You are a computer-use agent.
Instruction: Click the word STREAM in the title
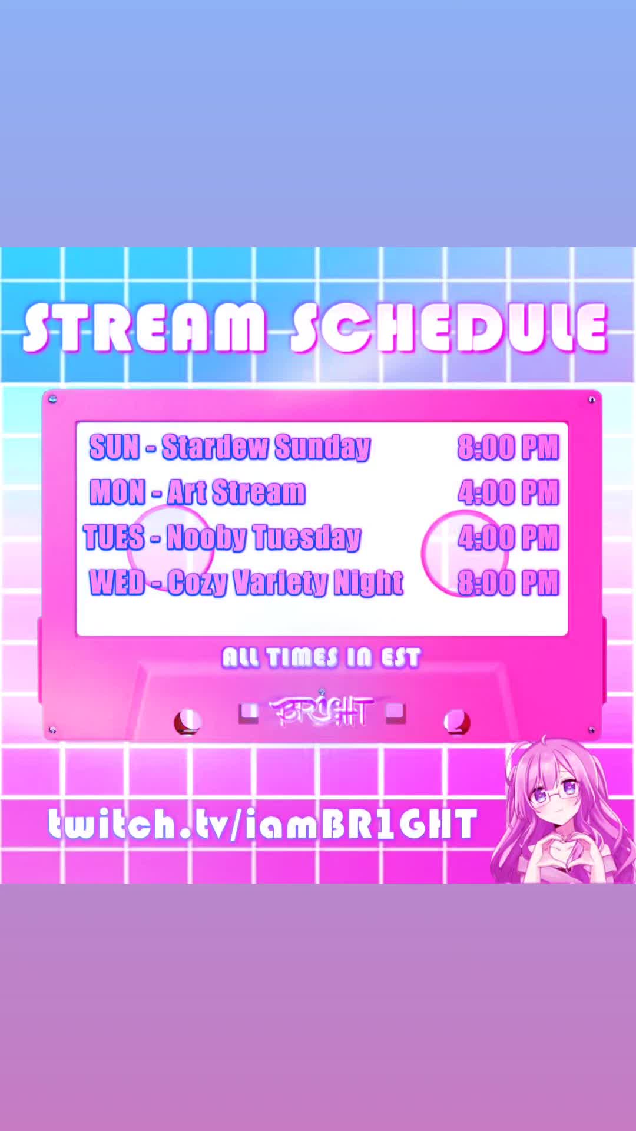pyautogui.click(x=144, y=328)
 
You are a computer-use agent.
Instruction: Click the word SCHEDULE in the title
pyautogui.click(x=449, y=328)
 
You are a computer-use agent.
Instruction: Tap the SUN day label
pyautogui.click(x=114, y=447)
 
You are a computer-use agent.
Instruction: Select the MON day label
pyautogui.click(x=117, y=492)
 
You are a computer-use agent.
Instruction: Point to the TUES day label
pyautogui.click(x=114, y=537)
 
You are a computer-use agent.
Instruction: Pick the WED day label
pyautogui.click(x=117, y=582)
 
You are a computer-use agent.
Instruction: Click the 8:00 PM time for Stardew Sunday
pyautogui.click(x=508, y=448)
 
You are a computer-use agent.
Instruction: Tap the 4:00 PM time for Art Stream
pyautogui.click(x=508, y=492)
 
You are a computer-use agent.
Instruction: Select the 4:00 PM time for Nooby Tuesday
pyautogui.click(x=508, y=538)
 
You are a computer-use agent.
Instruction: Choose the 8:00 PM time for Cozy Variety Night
pyautogui.click(x=508, y=583)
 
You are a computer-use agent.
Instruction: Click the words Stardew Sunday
pyautogui.click(x=266, y=448)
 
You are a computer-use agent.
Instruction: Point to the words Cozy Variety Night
pyautogui.click(x=286, y=583)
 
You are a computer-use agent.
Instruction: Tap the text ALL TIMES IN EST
pyautogui.click(x=322, y=657)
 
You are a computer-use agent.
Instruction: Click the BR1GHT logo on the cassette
pyautogui.click(x=321, y=711)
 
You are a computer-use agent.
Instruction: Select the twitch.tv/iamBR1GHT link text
pyautogui.click(x=263, y=824)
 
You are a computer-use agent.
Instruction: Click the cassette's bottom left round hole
pyautogui.click(x=188, y=722)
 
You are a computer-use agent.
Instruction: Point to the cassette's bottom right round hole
pyautogui.click(x=456, y=722)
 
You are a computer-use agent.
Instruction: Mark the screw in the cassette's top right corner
pyautogui.click(x=591, y=400)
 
